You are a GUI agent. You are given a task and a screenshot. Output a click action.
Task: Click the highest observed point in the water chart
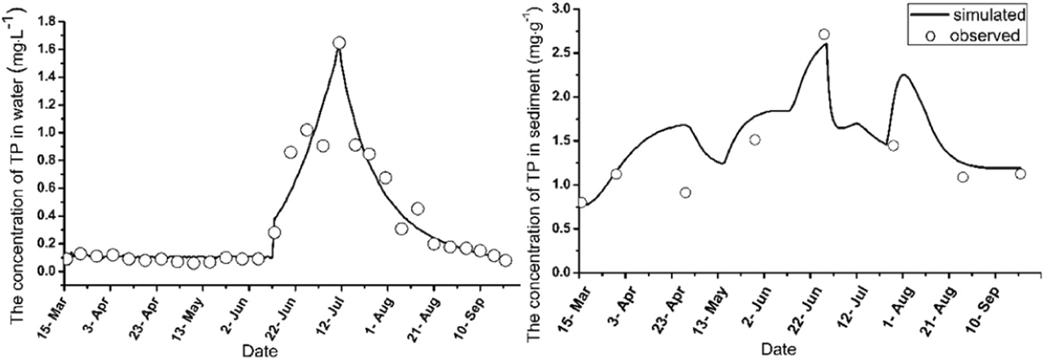(x=339, y=42)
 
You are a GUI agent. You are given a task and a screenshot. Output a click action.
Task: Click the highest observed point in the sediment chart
(x=823, y=34)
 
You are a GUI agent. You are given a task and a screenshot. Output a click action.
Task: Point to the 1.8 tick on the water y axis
(x=47, y=21)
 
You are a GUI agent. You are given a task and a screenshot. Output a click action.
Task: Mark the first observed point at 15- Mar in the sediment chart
(x=581, y=202)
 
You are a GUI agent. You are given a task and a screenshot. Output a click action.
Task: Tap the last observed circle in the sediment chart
(x=1020, y=173)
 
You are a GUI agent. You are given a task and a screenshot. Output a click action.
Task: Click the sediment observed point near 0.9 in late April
(x=685, y=192)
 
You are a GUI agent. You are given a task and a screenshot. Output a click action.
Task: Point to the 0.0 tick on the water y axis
(x=47, y=271)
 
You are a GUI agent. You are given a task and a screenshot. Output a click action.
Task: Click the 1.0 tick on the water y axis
(x=47, y=132)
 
